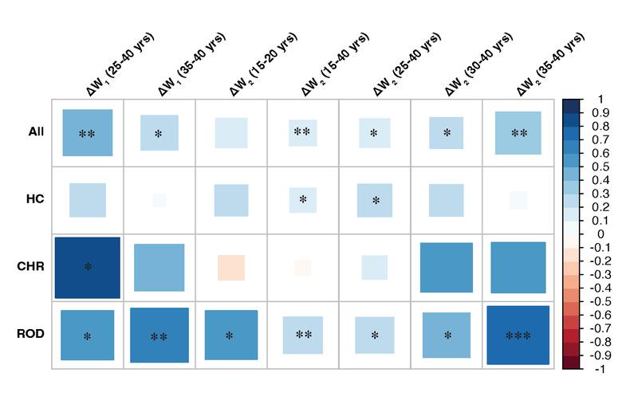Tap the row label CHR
coord(30,267)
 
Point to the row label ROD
coord(30,334)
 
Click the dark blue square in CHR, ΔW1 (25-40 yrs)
coord(88,267)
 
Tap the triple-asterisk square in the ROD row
coord(518,335)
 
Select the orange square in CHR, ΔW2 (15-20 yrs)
coord(231,267)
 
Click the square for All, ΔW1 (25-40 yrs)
coord(88,133)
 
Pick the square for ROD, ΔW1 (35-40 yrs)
coord(159,335)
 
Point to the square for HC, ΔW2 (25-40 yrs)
coord(375,200)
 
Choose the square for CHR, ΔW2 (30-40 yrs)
coord(447,267)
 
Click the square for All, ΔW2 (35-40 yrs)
coord(518,133)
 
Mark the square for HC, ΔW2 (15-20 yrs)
coord(231,200)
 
